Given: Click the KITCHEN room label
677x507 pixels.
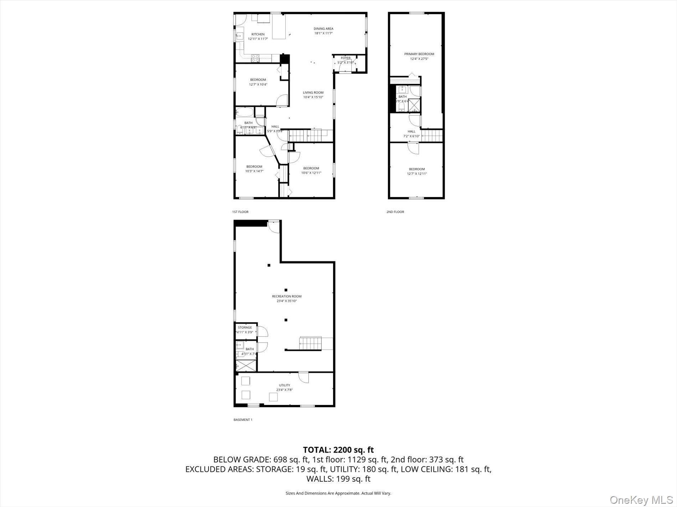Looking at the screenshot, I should tap(258, 34).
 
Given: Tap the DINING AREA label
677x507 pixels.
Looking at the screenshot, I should tap(324, 28).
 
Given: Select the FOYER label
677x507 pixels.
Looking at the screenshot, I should tap(346, 58).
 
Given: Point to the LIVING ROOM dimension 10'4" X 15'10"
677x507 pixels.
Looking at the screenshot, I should tap(313, 97).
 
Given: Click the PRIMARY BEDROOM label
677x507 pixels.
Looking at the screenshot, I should tap(419, 54).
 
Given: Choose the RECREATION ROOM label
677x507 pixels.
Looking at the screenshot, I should tap(286, 296).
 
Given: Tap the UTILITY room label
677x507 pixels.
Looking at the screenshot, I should tap(284, 385).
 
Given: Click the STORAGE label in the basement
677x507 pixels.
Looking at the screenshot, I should tap(245, 327).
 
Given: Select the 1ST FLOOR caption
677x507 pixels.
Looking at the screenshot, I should tap(240, 212).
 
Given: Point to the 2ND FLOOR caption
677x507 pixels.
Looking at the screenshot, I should tap(395, 212).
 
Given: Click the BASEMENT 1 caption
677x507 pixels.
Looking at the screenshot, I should tap(243, 419).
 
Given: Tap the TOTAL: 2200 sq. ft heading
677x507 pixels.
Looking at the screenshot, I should tap(338, 450).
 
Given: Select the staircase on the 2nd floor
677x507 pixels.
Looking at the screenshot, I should tap(432, 136).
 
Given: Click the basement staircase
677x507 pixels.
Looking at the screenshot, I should tap(310, 343).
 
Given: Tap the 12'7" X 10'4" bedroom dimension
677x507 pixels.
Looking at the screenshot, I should tap(258, 84).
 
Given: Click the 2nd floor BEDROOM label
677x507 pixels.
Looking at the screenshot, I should tap(417, 169).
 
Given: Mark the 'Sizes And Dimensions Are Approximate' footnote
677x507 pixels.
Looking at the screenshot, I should tap(338, 493).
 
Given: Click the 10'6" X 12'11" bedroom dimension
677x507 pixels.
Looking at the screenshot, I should tap(311, 173).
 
